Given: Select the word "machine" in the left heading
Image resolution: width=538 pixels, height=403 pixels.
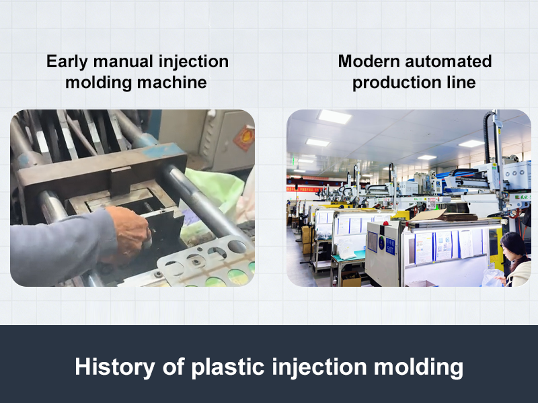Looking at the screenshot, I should (x=171, y=83).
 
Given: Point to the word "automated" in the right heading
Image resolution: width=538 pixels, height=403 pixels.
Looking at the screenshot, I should (x=448, y=62).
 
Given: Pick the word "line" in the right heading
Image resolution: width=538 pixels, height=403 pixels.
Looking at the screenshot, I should (x=463, y=83).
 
